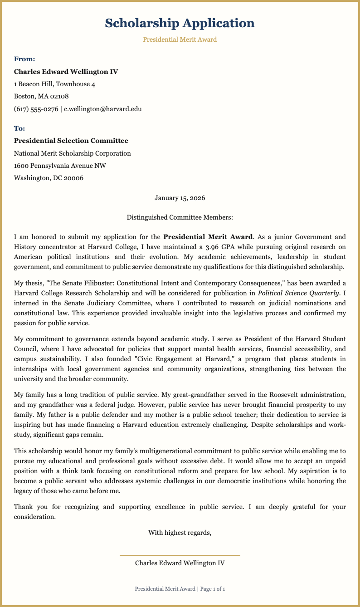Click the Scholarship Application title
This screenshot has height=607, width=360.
[x=180, y=23]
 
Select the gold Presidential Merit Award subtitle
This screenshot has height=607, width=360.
[x=180, y=39]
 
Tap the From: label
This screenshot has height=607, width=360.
[x=24, y=59]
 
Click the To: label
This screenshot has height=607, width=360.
[x=20, y=129]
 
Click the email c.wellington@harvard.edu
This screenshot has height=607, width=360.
[x=103, y=109]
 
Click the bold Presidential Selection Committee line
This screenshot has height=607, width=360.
[x=71, y=141]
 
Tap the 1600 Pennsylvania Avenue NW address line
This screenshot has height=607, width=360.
[x=60, y=166]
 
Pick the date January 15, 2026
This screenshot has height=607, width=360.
[x=180, y=198]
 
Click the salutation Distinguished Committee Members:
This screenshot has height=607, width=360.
[x=180, y=217]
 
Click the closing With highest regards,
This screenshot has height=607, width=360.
[x=180, y=533]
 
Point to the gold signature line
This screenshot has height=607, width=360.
[x=180, y=555]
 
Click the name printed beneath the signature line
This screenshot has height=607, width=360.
[x=180, y=563]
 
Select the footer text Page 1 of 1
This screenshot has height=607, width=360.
[x=213, y=589]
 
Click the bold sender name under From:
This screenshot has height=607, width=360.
[x=66, y=72]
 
